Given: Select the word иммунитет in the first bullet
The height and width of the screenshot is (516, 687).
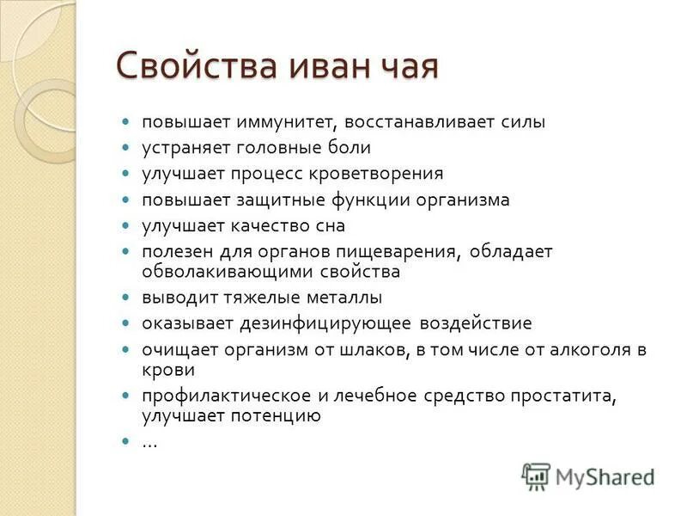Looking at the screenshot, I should (x=277, y=122).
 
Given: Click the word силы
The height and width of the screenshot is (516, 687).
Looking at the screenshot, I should (x=523, y=122).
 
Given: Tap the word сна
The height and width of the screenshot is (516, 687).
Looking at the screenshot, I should (x=330, y=225).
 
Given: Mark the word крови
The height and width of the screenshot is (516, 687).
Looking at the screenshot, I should (x=168, y=370).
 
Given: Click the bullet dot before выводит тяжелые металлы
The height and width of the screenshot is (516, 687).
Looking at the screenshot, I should (x=125, y=298).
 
